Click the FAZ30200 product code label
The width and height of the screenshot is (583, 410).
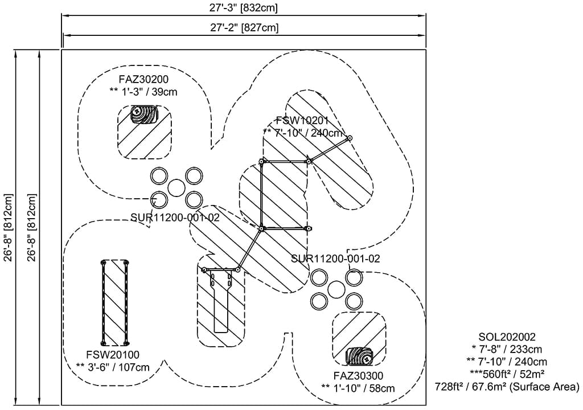coord(143,79)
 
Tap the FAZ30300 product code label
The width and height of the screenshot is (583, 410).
coord(358,376)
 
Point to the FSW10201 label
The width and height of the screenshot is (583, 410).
coord(302,121)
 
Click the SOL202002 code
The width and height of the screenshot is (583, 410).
coord(507,337)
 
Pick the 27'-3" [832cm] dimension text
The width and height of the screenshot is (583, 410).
coord(243,8)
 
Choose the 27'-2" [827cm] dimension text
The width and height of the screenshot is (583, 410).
coord(243,27)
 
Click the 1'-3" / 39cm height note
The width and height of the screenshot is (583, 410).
coord(143,92)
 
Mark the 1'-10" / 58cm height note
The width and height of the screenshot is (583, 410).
coord(358,388)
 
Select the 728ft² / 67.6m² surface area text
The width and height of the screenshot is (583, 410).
coord(507,387)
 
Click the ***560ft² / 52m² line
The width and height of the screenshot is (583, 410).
coord(507,375)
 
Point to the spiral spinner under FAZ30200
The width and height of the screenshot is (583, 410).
coord(144,114)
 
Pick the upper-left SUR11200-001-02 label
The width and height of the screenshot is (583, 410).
coord(175,216)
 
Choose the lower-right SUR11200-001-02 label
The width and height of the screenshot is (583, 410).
coord(335,258)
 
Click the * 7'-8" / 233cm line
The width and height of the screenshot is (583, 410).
coord(507,350)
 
